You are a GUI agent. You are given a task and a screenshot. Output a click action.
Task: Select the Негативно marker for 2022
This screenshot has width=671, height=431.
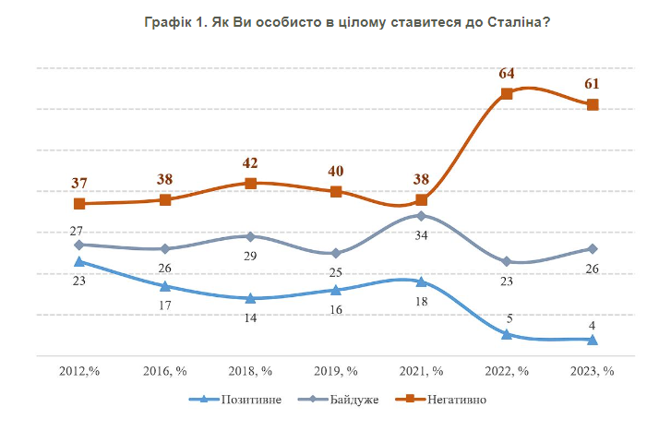point(507,93)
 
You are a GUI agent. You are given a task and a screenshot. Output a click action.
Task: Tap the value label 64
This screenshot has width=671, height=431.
point(507,74)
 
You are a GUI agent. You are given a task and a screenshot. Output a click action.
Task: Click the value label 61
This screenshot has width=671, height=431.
point(593,85)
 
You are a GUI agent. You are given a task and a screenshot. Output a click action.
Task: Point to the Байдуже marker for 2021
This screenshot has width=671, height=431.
point(421,216)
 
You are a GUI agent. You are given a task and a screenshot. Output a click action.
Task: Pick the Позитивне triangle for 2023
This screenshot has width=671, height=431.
point(593,340)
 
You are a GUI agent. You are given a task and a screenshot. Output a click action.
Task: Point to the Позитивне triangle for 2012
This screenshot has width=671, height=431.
point(79,262)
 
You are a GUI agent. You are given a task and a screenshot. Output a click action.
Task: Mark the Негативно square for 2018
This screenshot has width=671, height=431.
point(250,183)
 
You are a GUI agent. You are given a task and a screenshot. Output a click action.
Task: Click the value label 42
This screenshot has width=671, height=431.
point(250,163)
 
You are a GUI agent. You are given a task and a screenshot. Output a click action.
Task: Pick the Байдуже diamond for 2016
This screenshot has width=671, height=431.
point(164,249)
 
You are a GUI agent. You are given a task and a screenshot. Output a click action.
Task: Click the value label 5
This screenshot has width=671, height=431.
point(507,318)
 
